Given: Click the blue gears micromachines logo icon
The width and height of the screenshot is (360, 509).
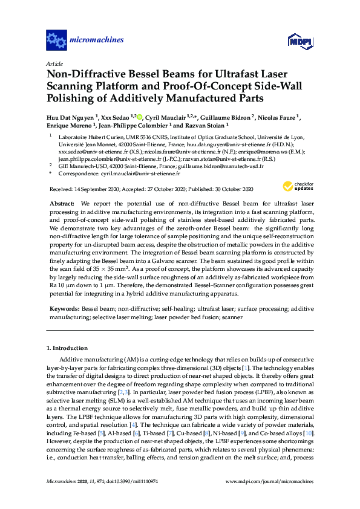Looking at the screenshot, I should click(x=57, y=41).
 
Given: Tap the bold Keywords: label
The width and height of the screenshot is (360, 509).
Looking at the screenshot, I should click(x=65, y=308).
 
